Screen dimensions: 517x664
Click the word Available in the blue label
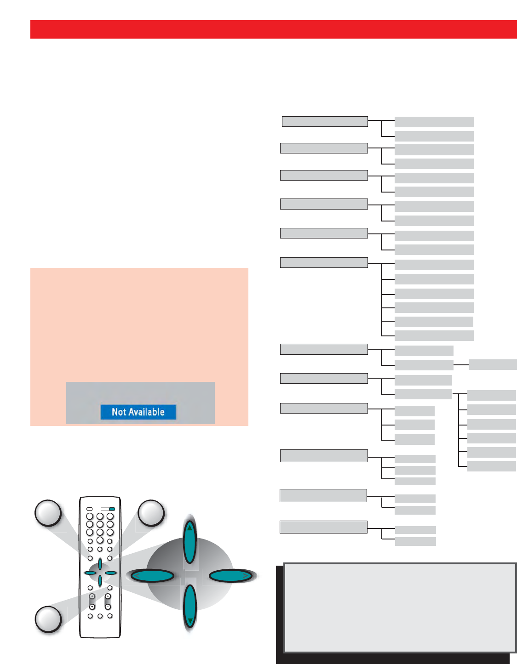pos(147,412)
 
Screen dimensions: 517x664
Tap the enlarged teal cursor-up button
pos(190,541)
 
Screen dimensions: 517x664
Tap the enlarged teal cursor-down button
pos(190,607)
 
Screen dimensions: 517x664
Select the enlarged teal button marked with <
pos(152,576)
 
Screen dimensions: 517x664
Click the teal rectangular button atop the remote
pos(112,509)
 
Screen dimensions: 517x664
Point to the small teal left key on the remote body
pos(90,573)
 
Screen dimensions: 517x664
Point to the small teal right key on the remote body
pos(110,573)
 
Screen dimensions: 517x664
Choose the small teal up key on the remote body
pos(100,564)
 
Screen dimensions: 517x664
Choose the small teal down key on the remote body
pos(100,581)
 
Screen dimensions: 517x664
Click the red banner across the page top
pos(273,29)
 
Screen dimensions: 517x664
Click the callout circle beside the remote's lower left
pos(48,619)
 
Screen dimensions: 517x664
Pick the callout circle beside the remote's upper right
pos(151,513)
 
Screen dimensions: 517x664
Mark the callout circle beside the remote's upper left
pos(48,513)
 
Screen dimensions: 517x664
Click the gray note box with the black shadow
pos(399,607)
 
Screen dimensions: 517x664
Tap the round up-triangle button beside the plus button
pos(92,596)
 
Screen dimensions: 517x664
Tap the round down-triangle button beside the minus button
pos(92,607)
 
